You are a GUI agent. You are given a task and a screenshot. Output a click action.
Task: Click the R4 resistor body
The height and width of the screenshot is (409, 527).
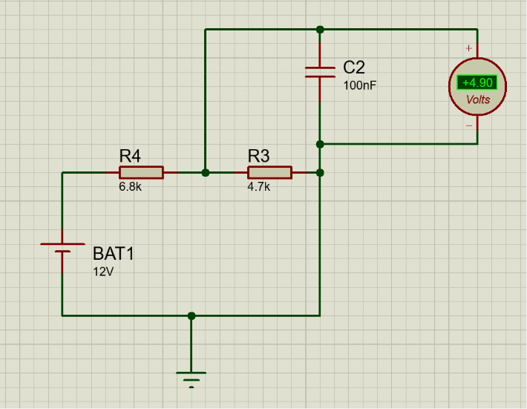(140, 172)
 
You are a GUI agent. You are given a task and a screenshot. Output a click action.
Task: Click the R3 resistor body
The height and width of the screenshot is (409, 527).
(269, 172)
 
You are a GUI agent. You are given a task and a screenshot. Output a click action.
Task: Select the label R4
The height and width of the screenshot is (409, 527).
(130, 156)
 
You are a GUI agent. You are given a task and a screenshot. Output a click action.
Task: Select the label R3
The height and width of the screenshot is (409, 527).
(258, 156)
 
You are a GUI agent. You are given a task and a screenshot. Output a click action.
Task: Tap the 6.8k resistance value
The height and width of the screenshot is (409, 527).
(130, 187)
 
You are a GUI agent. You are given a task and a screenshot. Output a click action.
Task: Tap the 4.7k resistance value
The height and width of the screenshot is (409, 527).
(258, 187)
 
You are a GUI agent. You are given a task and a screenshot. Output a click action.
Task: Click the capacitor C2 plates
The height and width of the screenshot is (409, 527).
(320, 71)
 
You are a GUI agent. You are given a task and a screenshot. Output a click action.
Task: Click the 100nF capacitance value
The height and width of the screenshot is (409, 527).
(359, 85)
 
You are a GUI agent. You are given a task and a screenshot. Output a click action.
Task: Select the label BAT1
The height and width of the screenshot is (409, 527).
(114, 253)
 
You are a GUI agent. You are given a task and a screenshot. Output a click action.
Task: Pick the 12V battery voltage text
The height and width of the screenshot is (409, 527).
(103, 271)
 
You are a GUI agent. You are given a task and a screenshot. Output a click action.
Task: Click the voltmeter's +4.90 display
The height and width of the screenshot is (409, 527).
(477, 82)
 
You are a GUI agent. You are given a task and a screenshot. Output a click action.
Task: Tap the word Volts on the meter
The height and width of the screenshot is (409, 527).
(477, 99)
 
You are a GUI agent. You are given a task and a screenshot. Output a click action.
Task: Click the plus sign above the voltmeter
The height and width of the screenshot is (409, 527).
(468, 48)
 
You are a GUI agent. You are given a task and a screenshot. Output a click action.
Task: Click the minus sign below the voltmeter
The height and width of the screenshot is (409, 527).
(468, 125)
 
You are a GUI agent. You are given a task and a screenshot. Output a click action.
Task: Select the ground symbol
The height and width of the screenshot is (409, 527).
(192, 377)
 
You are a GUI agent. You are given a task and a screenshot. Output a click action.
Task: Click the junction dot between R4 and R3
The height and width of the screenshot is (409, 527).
(206, 172)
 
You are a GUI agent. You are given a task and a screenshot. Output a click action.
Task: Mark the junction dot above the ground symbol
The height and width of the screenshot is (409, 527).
(192, 315)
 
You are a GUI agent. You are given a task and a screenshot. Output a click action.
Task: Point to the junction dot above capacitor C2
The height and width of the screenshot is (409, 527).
(320, 30)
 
